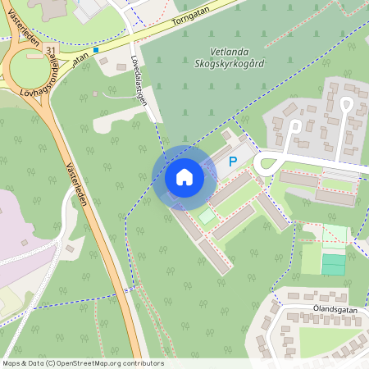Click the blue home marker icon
(184, 177)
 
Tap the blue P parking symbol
(232, 162)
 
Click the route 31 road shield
(52, 51)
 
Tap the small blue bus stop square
(96, 50)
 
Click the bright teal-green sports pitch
(333, 265)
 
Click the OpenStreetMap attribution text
(82, 363)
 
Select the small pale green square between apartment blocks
(207, 216)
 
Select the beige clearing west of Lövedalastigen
(115, 121)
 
